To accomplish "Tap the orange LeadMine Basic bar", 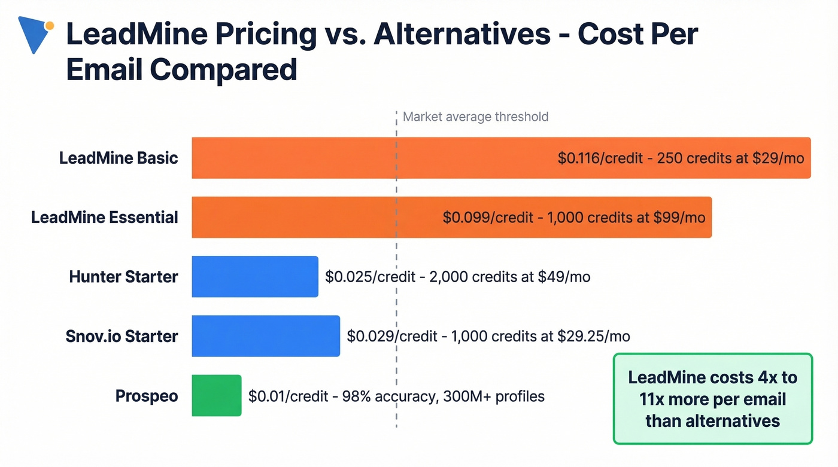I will tap(371, 158).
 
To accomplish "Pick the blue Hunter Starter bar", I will tap(254, 277).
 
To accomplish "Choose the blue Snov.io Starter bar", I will tap(265, 336).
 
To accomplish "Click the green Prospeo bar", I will tap(216, 395).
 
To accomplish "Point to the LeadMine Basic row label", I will tap(119, 158).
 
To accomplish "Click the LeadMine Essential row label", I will tap(105, 217).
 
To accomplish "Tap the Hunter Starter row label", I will tap(123, 277).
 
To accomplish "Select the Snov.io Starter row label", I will tap(122, 336).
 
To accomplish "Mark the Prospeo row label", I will tap(146, 396).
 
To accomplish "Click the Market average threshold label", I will tap(475, 117).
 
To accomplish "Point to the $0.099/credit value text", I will tap(487, 217).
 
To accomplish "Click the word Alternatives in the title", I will tap(461, 34).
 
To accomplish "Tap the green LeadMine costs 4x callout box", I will tap(712, 399).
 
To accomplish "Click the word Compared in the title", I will tap(223, 69).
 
